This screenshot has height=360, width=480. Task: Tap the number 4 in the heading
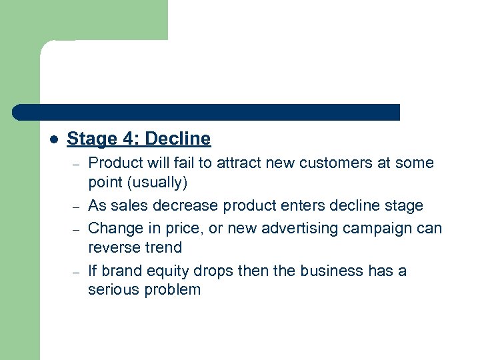pyautogui.click(x=128, y=139)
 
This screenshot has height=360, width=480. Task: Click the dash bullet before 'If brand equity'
pyautogui.click(x=77, y=271)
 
